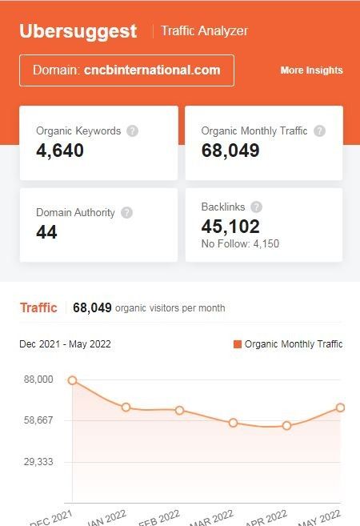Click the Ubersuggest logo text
click(78, 31)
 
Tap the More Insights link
click(311, 70)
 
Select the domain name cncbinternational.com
click(152, 70)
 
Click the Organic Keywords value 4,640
click(61, 150)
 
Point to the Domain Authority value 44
click(46, 232)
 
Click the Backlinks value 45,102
click(230, 226)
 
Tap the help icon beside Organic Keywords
click(132, 130)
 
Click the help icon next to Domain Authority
click(126, 213)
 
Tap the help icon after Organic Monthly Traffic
click(320, 130)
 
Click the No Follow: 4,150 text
click(240, 243)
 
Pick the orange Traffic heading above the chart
click(38, 307)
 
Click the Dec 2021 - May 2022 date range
click(66, 344)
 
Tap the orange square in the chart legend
click(238, 344)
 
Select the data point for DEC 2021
click(73, 380)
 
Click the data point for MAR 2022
click(233, 423)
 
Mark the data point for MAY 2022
click(340, 408)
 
